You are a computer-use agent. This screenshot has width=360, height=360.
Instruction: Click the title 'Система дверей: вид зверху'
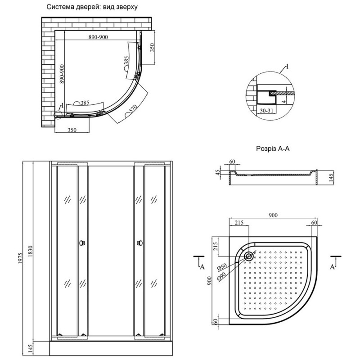click(92, 8)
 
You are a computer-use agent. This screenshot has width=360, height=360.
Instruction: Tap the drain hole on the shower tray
click(249, 256)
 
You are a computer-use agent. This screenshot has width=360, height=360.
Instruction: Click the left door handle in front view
click(81, 243)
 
